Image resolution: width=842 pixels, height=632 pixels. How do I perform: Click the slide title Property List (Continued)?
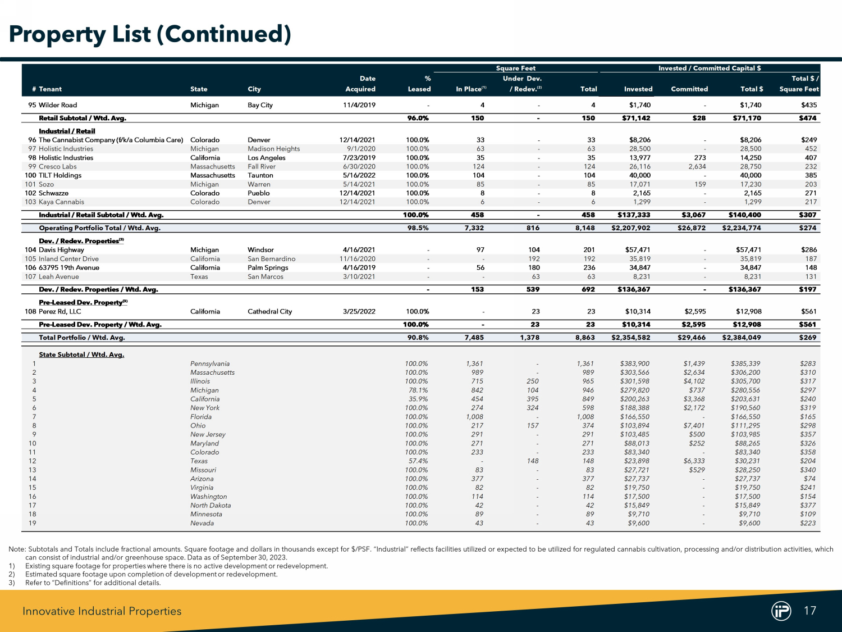150,34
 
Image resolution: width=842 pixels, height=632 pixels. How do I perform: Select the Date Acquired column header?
360,84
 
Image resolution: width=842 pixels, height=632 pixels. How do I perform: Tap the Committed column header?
689,89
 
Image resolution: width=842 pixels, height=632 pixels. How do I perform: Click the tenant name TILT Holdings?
60,175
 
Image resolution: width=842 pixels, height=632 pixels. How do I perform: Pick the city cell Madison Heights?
274,149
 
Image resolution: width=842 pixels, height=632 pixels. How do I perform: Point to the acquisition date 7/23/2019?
359,158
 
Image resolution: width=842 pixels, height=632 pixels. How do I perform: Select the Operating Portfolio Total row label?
100,228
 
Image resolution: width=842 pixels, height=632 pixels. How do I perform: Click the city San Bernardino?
272,259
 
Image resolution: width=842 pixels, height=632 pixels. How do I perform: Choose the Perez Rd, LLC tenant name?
60,311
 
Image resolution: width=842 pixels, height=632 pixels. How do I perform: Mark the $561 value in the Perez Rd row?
808,311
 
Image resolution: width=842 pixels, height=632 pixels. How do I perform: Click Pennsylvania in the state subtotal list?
210,363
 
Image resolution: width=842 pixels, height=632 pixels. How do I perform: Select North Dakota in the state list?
210,506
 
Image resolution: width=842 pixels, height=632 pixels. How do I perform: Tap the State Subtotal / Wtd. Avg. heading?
81,354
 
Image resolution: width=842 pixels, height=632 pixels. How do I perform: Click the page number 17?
810,611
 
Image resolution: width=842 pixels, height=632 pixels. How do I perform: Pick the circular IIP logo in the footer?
781,611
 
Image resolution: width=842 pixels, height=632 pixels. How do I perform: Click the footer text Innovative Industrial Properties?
102,611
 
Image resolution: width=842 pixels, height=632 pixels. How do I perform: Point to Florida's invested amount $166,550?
635,417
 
